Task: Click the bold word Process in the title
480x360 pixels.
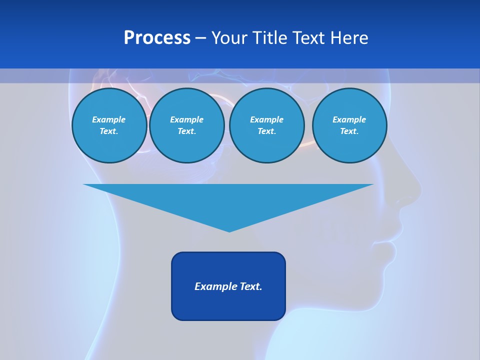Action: point(157,37)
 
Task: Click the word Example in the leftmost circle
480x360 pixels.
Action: point(109,119)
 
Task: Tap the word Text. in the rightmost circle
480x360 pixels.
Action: point(349,131)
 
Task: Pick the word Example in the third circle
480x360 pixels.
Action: point(267,119)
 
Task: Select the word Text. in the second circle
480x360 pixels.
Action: point(187,131)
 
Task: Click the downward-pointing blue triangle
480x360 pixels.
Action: point(228,200)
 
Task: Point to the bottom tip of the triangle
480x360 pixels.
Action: point(229,230)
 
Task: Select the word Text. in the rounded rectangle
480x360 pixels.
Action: point(250,286)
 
